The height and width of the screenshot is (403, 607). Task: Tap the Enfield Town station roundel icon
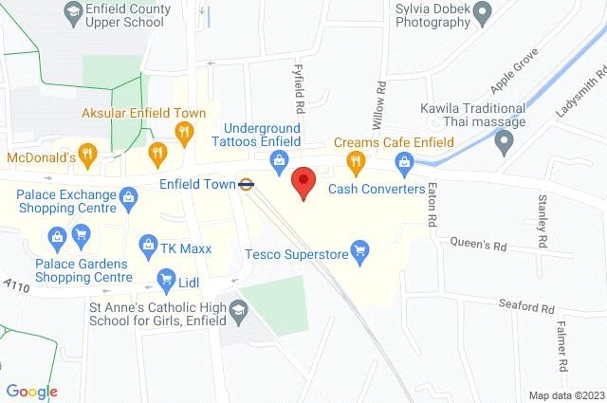click(246, 185)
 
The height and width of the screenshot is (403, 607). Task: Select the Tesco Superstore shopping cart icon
click(359, 252)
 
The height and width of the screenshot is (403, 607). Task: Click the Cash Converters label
click(377, 189)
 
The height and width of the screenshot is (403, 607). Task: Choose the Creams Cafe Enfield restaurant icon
click(357, 162)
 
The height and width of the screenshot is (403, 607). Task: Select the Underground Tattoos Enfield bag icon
click(278, 162)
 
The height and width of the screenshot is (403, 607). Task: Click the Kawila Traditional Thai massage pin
click(504, 142)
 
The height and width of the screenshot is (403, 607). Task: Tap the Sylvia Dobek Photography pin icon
click(482, 13)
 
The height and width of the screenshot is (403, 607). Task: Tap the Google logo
click(31, 391)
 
